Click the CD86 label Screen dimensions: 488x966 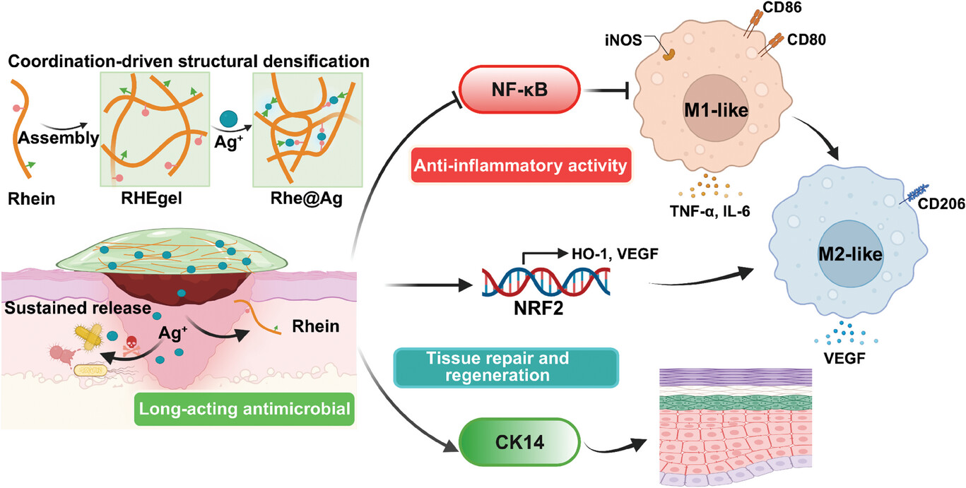(x=774, y=11)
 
